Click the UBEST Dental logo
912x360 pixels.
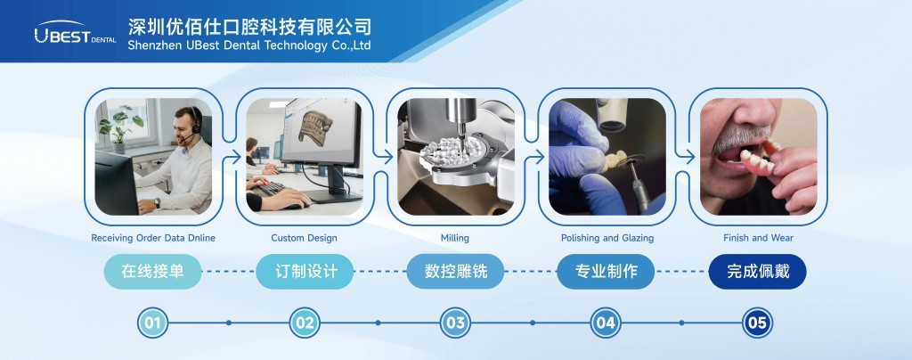coord(75,32)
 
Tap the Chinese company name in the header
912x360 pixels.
coord(249,26)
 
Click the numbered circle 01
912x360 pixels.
coord(152,323)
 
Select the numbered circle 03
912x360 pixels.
coord(455,323)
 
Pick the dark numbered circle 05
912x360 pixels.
coord(757,323)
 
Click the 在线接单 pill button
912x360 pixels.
coord(152,272)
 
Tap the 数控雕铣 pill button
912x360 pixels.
coord(455,272)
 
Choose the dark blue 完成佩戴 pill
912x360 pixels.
coord(757,272)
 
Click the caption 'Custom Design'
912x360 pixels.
coord(305,238)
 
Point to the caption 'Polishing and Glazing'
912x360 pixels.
coord(607,238)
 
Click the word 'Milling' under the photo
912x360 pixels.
coord(455,238)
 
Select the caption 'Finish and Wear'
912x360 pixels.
coord(759,238)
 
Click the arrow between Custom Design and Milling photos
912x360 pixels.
coord(384,157)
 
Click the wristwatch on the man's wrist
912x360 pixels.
coord(157,203)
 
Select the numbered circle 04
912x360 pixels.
coord(606,323)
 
